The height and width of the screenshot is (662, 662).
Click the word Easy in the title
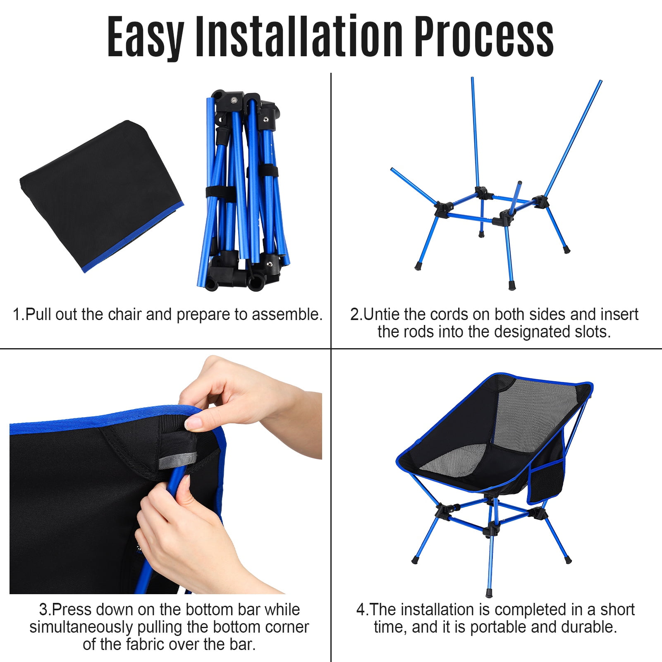145,37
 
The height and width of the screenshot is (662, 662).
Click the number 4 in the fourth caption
361,610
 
